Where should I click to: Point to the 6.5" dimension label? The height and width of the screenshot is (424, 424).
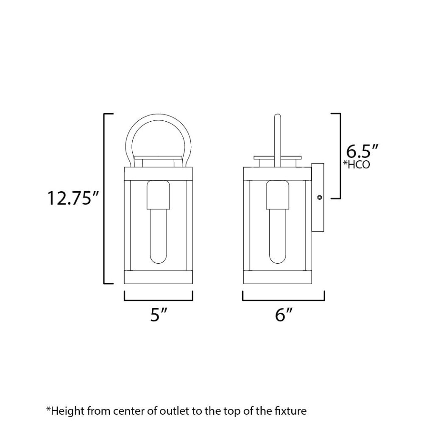pyautogui.click(x=362, y=151)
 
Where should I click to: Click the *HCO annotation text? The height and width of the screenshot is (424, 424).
pyautogui.click(x=357, y=165)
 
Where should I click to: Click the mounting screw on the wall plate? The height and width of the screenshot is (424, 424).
pyautogui.click(x=320, y=198)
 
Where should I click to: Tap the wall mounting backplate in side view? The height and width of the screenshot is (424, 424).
pyautogui.click(x=318, y=197)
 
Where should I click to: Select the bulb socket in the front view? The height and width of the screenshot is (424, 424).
pyautogui.click(x=159, y=195)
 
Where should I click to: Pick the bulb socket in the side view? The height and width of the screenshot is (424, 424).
pyautogui.click(x=277, y=195)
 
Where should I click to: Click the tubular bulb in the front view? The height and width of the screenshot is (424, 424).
pyautogui.click(x=159, y=236)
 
